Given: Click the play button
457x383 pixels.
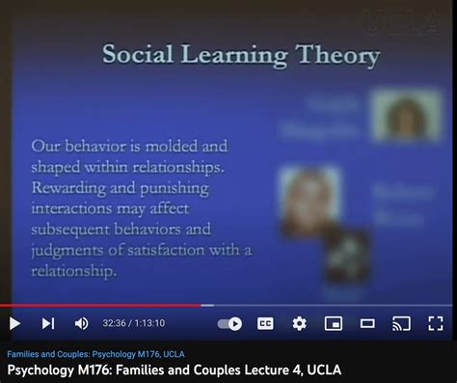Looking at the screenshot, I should [x=14, y=323].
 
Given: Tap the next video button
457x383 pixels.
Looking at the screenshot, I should [x=48, y=323].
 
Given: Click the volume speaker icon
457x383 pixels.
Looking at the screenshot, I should [x=81, y=323].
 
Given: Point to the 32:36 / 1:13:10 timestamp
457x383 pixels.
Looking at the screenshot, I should [x=134, y=323].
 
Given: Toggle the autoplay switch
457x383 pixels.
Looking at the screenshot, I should [x=229, y=323].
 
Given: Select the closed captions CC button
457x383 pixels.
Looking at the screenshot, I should [x=265, y=323].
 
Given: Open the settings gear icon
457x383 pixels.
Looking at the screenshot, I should [x=299, y=323].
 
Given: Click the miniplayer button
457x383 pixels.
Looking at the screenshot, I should [x=334, y=323].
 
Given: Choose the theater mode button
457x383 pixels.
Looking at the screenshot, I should [x=367, y=323].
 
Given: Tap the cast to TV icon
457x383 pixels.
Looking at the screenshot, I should [x=401, y=323].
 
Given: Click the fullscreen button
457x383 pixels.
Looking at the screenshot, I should [x=436, y=323].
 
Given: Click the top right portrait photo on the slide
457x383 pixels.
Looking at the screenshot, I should [x=405, y=116].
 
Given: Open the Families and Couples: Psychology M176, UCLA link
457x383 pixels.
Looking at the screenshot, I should [x=95, y=353].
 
